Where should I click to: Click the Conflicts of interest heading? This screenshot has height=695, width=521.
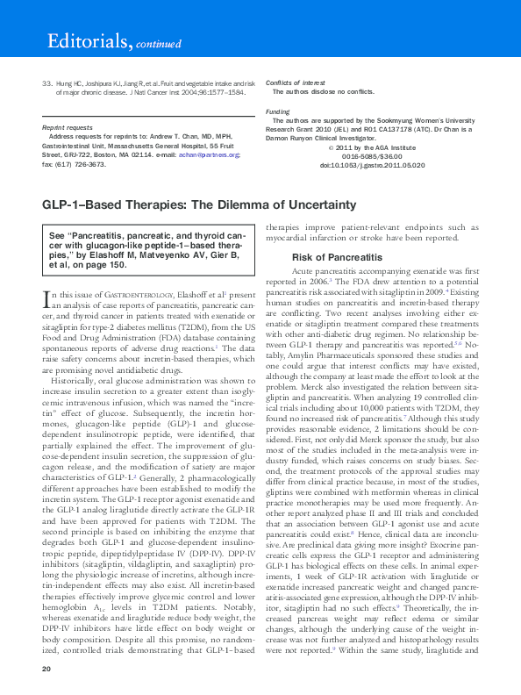[295, 82]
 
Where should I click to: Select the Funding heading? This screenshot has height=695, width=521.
[278, 112]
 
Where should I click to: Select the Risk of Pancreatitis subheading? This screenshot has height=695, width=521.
[337, 257]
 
